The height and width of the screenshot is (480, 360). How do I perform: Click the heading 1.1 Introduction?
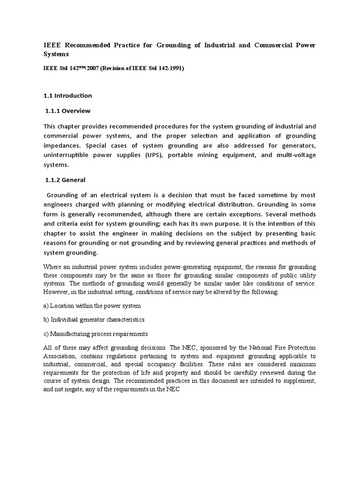click(x=67, y=96)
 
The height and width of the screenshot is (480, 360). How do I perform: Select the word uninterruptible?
click(x=67, y=156)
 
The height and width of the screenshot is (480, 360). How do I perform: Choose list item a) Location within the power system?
click(x=92, y=306)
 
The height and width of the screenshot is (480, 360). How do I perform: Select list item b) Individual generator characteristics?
click(x=94, y=320)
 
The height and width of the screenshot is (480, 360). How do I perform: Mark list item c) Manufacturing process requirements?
click(x=96, y=334)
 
